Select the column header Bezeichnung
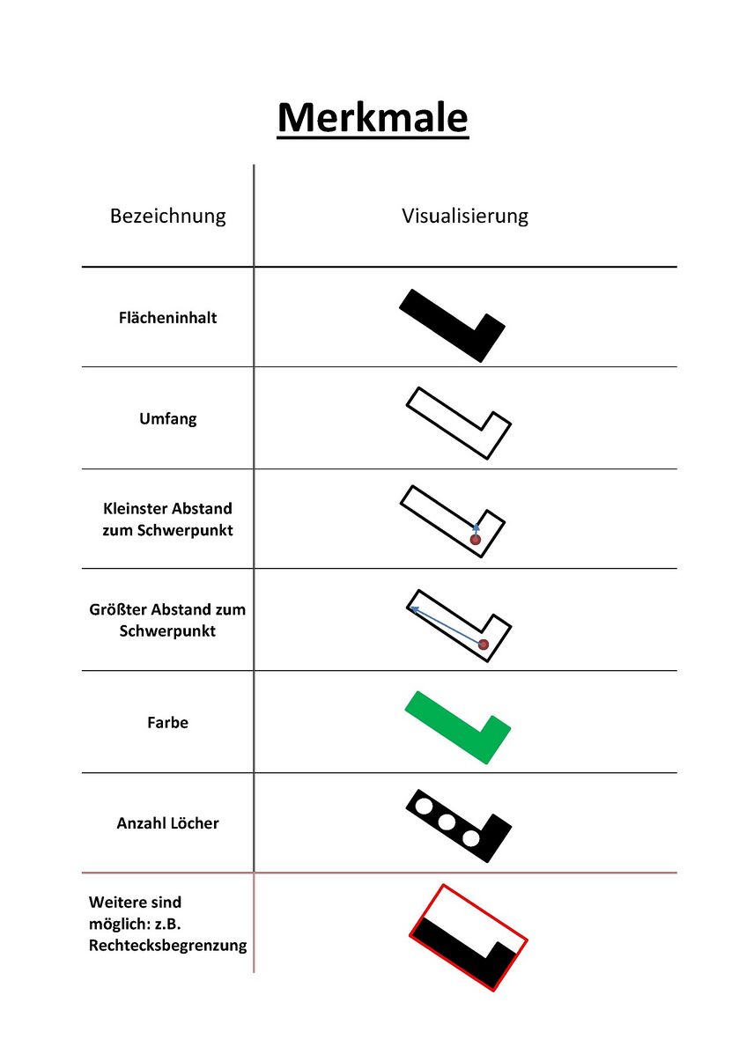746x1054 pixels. pyautogui.click(x=167, y=216)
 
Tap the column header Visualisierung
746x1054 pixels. pyautogui.click(x=465, y=216)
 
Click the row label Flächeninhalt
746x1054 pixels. pyautogui.click(x=167, y=318)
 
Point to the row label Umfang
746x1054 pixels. pyautogui.click(x=167, y=419)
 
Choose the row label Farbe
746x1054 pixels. pyautogui.click(x=167, y=723)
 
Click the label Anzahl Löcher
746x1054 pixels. pyautogui.click(x=167, y=823)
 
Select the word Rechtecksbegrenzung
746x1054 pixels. pyautogui.click(x=167, y=946)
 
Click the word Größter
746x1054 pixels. pyautogui.click(x=118, y=609)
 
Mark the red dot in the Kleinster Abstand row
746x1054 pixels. pyautogui.click(x=476, y=539)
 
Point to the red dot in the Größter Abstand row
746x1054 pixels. pyautogui.click(x=484, y=645)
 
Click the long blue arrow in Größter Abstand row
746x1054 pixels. pyautogui.click(x=445, y=624)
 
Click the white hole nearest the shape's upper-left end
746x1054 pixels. pyautogui.click(x=424, y=806)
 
